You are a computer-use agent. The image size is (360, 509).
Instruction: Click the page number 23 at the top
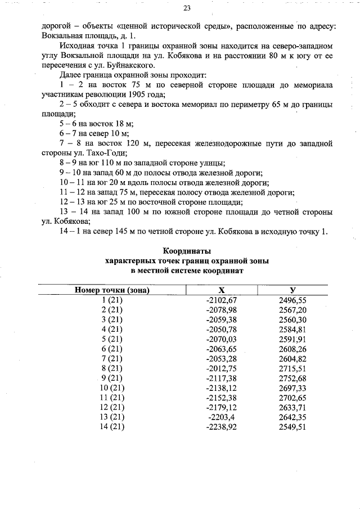(x=187, y=8)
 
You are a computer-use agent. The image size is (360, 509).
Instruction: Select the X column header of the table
(x=222, y=290)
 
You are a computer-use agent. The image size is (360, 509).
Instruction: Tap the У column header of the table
(x=292, y=290)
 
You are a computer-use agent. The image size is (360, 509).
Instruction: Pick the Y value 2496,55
(x=292, y=300)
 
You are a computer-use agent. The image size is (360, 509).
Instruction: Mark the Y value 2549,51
(x=292, y=427)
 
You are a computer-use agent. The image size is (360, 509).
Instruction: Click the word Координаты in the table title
(x=187, y=251)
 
